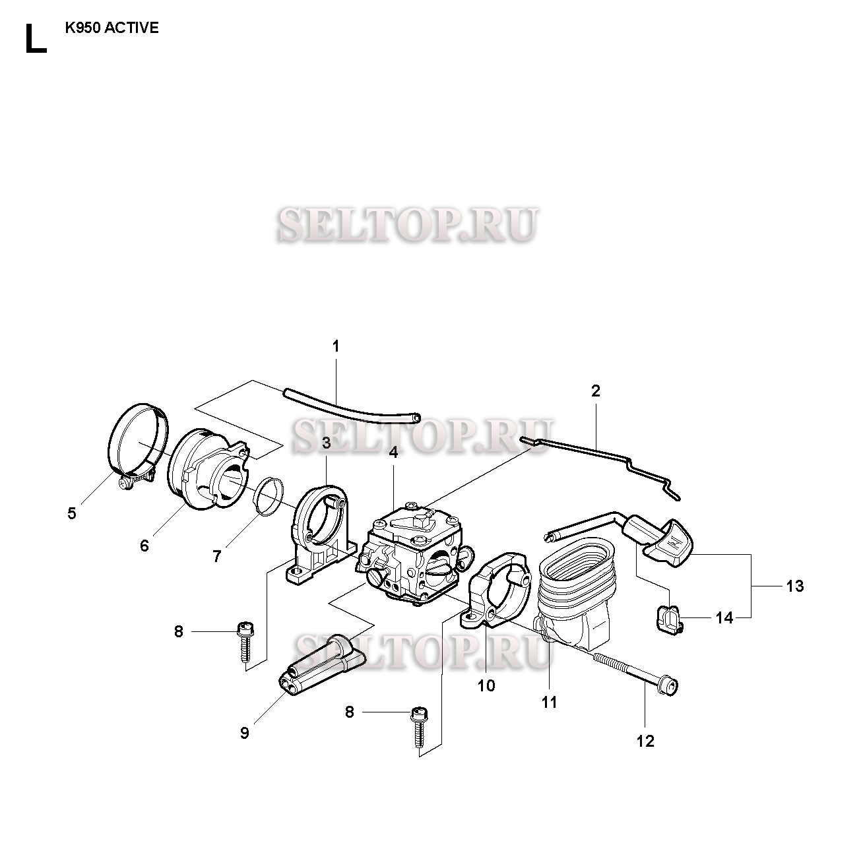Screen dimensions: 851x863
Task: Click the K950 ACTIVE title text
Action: click(112, 29)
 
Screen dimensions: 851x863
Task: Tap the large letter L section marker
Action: click(35, 40)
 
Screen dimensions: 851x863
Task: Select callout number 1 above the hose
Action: click(335, 346)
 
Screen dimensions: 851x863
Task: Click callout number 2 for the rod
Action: click(595, 391)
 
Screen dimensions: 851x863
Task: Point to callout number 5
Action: click(71, 513)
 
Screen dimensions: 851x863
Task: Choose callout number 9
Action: click(244, 733)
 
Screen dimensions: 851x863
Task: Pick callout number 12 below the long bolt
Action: click(645, 740)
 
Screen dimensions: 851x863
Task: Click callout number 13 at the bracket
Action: click(795, 586)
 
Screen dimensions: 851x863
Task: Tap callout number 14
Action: click(724, 618)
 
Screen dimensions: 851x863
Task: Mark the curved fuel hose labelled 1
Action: click(350, 406)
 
